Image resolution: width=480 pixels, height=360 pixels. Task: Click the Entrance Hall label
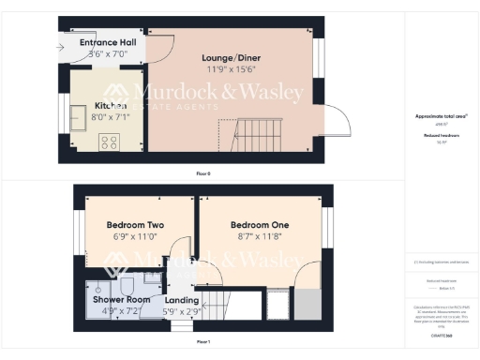click(x=108, y=43)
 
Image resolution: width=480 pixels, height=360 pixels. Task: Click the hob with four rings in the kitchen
click(x=109, y=142)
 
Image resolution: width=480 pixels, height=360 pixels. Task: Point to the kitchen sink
click(x=79, y=118)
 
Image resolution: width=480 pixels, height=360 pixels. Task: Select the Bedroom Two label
click(x=135, y=226)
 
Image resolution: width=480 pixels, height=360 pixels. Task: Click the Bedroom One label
click(x=260, y=226)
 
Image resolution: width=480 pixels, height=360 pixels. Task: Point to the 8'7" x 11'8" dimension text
click(x=260, y=238)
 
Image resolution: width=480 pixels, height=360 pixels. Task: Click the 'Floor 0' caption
click(x=202, y=174)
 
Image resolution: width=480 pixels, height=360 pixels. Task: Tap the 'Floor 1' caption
click(x=202, y=342)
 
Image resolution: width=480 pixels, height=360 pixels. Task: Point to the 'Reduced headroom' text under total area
click(x=441, y=136)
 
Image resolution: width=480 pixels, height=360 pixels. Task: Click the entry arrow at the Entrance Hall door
click(x=63, y=44)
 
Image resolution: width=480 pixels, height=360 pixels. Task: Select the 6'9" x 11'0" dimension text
click(x=135, y=238)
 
